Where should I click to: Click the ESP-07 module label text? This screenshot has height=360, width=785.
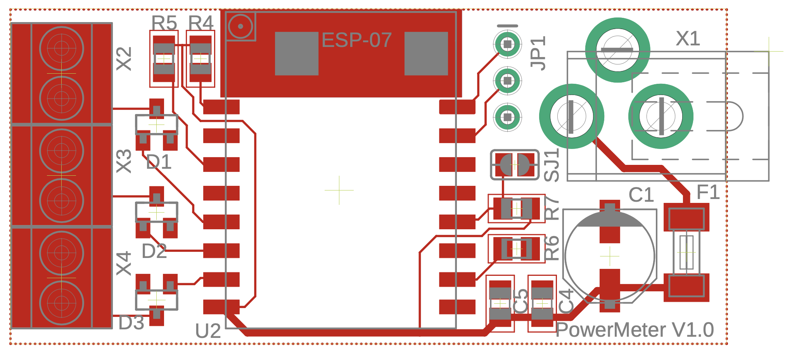(356, 40)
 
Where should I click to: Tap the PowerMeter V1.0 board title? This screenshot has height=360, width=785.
(635, 330)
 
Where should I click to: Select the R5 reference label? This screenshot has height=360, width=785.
(164, 23)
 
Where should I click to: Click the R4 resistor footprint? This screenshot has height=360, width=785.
(201, 59)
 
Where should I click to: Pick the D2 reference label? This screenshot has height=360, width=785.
(154, 251)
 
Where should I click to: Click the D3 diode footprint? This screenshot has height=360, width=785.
(156, 299)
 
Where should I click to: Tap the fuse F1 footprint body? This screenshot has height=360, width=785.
(686, 252)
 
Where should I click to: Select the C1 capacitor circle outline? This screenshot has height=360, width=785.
(610, 256)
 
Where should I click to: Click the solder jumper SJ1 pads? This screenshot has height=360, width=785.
(515, 164)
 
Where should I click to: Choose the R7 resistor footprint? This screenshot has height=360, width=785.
(516, 209)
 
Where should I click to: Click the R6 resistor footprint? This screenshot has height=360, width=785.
(516, 249)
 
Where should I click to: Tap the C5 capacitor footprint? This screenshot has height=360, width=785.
(500, 303)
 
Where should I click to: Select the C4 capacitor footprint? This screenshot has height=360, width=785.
(542, 303)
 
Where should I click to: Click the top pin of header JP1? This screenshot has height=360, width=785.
(507, 44)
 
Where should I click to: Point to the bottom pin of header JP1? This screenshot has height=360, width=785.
(507, 116)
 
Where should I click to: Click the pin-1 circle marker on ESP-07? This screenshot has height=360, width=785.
(240, 26)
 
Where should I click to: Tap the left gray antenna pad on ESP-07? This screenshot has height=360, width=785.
(297, 54)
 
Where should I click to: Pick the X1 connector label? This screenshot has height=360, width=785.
(688, 38)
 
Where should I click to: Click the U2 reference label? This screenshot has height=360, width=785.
(208, 331)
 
